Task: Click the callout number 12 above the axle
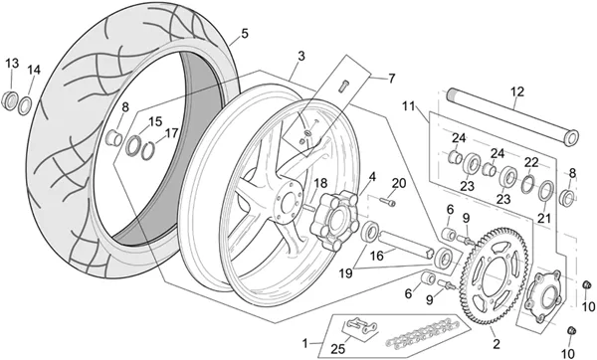point(517,91)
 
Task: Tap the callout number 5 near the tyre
point(245,34)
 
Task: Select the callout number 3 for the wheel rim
point(301,56)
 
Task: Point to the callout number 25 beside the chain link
point(338,349)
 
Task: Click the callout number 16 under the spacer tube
point(377,256)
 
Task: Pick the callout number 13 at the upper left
point(12,64)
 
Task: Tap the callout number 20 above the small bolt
point(399,183)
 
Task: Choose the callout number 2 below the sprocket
point(496,344)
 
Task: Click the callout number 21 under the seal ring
point(544,218)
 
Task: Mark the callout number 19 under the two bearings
point(345,273)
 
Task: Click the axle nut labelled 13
point(10,100)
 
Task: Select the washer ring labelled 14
point(25,105)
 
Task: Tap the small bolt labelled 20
point(388,201)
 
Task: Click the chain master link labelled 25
point(360,326)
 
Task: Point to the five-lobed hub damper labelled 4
point(334,221)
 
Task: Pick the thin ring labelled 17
point(148,151)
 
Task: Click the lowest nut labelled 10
point(571,331)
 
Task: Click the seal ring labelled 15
point(133,145)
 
